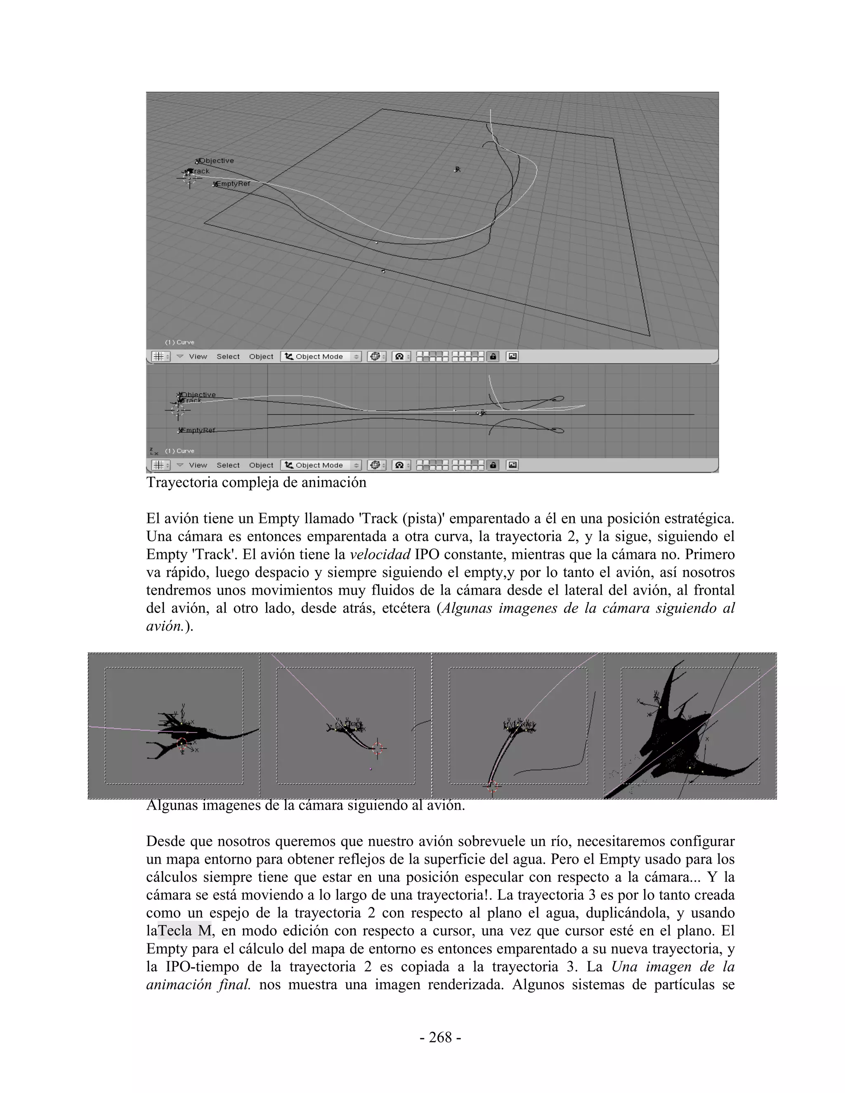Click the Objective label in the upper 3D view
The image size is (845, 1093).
(217, 160)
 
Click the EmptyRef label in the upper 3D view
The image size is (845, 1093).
(233, 184)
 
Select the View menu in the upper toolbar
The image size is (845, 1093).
(198, 356)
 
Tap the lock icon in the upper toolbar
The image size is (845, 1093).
(493, 356)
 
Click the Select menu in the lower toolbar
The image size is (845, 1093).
(228, 465)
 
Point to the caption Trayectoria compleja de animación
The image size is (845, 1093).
(256, 483)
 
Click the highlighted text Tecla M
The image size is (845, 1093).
(184, 930)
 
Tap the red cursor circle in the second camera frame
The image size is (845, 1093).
(378, 748)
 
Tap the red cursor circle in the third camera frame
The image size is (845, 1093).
(493, 787)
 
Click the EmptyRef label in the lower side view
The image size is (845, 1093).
(198, 430)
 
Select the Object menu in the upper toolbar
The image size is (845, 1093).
(261, 356)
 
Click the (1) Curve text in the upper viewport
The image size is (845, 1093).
(180, 342)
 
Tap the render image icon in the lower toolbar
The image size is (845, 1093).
(512, 465)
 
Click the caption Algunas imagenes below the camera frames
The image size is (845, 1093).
(305, 806)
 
